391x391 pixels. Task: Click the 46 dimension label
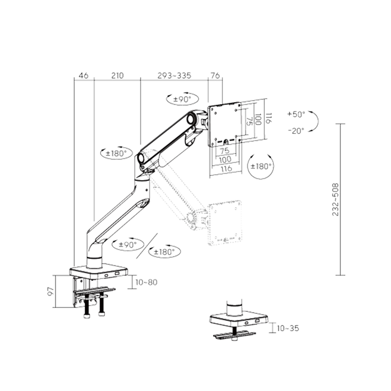tap(84, 75)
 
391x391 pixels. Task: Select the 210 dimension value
tap(117, 75)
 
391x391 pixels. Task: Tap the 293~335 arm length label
tap(174, 75)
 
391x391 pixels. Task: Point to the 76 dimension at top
tap(215, 75)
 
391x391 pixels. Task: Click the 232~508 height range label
tap(336, 199)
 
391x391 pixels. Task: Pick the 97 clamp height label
tap(51, 291)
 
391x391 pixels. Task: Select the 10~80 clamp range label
tap(146, 282)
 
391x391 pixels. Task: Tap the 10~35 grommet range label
tap(288, 328)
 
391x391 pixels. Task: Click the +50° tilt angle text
tap(296, 114)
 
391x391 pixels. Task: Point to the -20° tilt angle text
tap(296, 130)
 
